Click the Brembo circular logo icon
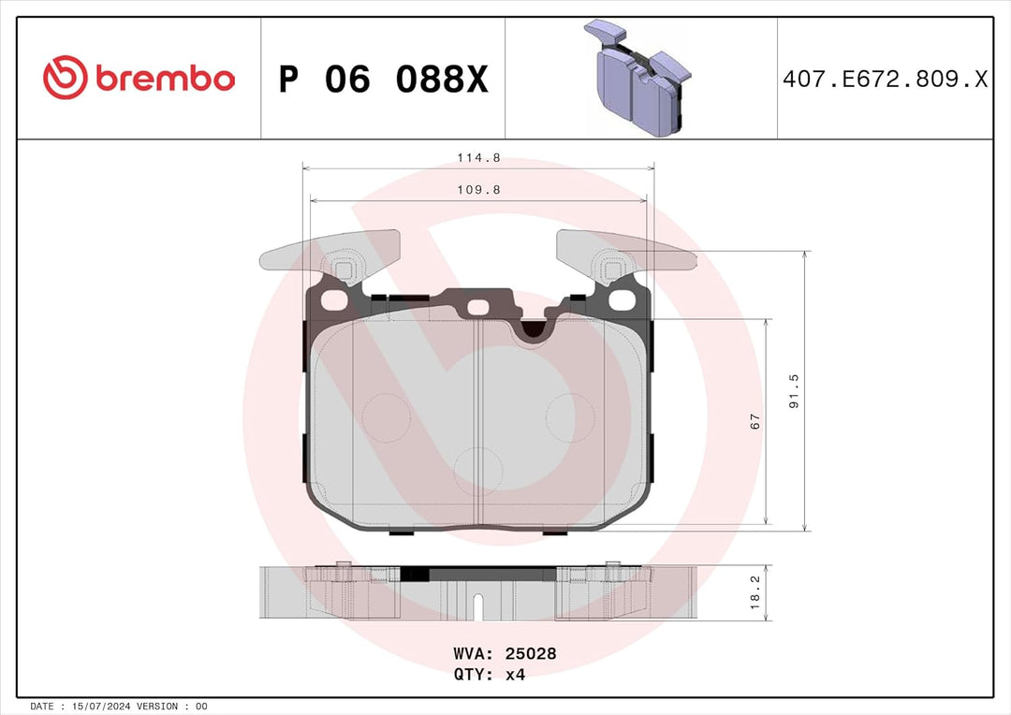pos(65,79)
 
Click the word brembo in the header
pos(163,80)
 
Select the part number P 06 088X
pos(383,80)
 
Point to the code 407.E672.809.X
pos(885,80)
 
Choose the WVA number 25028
pos(532,653)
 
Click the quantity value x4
pos(515,675)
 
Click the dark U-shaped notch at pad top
pos(532,328)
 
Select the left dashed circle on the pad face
pos(385,415)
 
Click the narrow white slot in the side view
pos(478,607)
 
